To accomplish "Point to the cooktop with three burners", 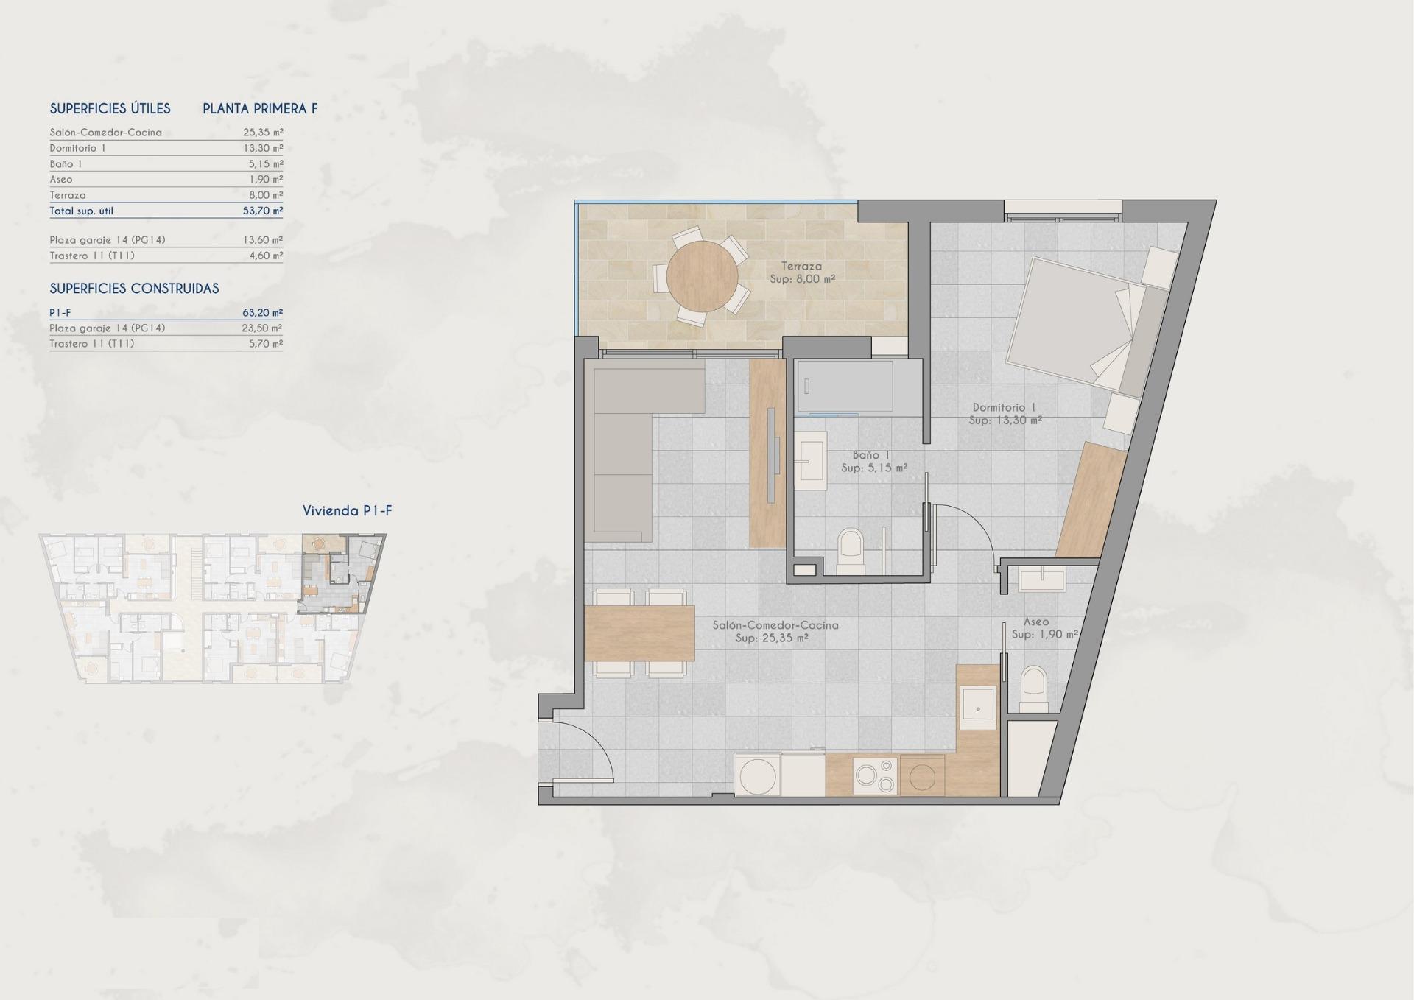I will (875, 775).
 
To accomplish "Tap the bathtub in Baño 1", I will (845, 386).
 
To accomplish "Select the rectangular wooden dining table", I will (639, 633).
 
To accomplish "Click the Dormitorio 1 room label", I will (1004, 407).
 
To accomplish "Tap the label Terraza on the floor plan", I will (802, 267).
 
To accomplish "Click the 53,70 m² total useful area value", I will (263, 211).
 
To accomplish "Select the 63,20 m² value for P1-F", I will (262, 312).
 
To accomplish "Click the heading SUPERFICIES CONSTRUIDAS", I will (134, 289).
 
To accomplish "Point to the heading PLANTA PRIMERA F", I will (260, 109).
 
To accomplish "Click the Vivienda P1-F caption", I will (347, 511).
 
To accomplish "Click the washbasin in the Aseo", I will (1041, 579).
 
